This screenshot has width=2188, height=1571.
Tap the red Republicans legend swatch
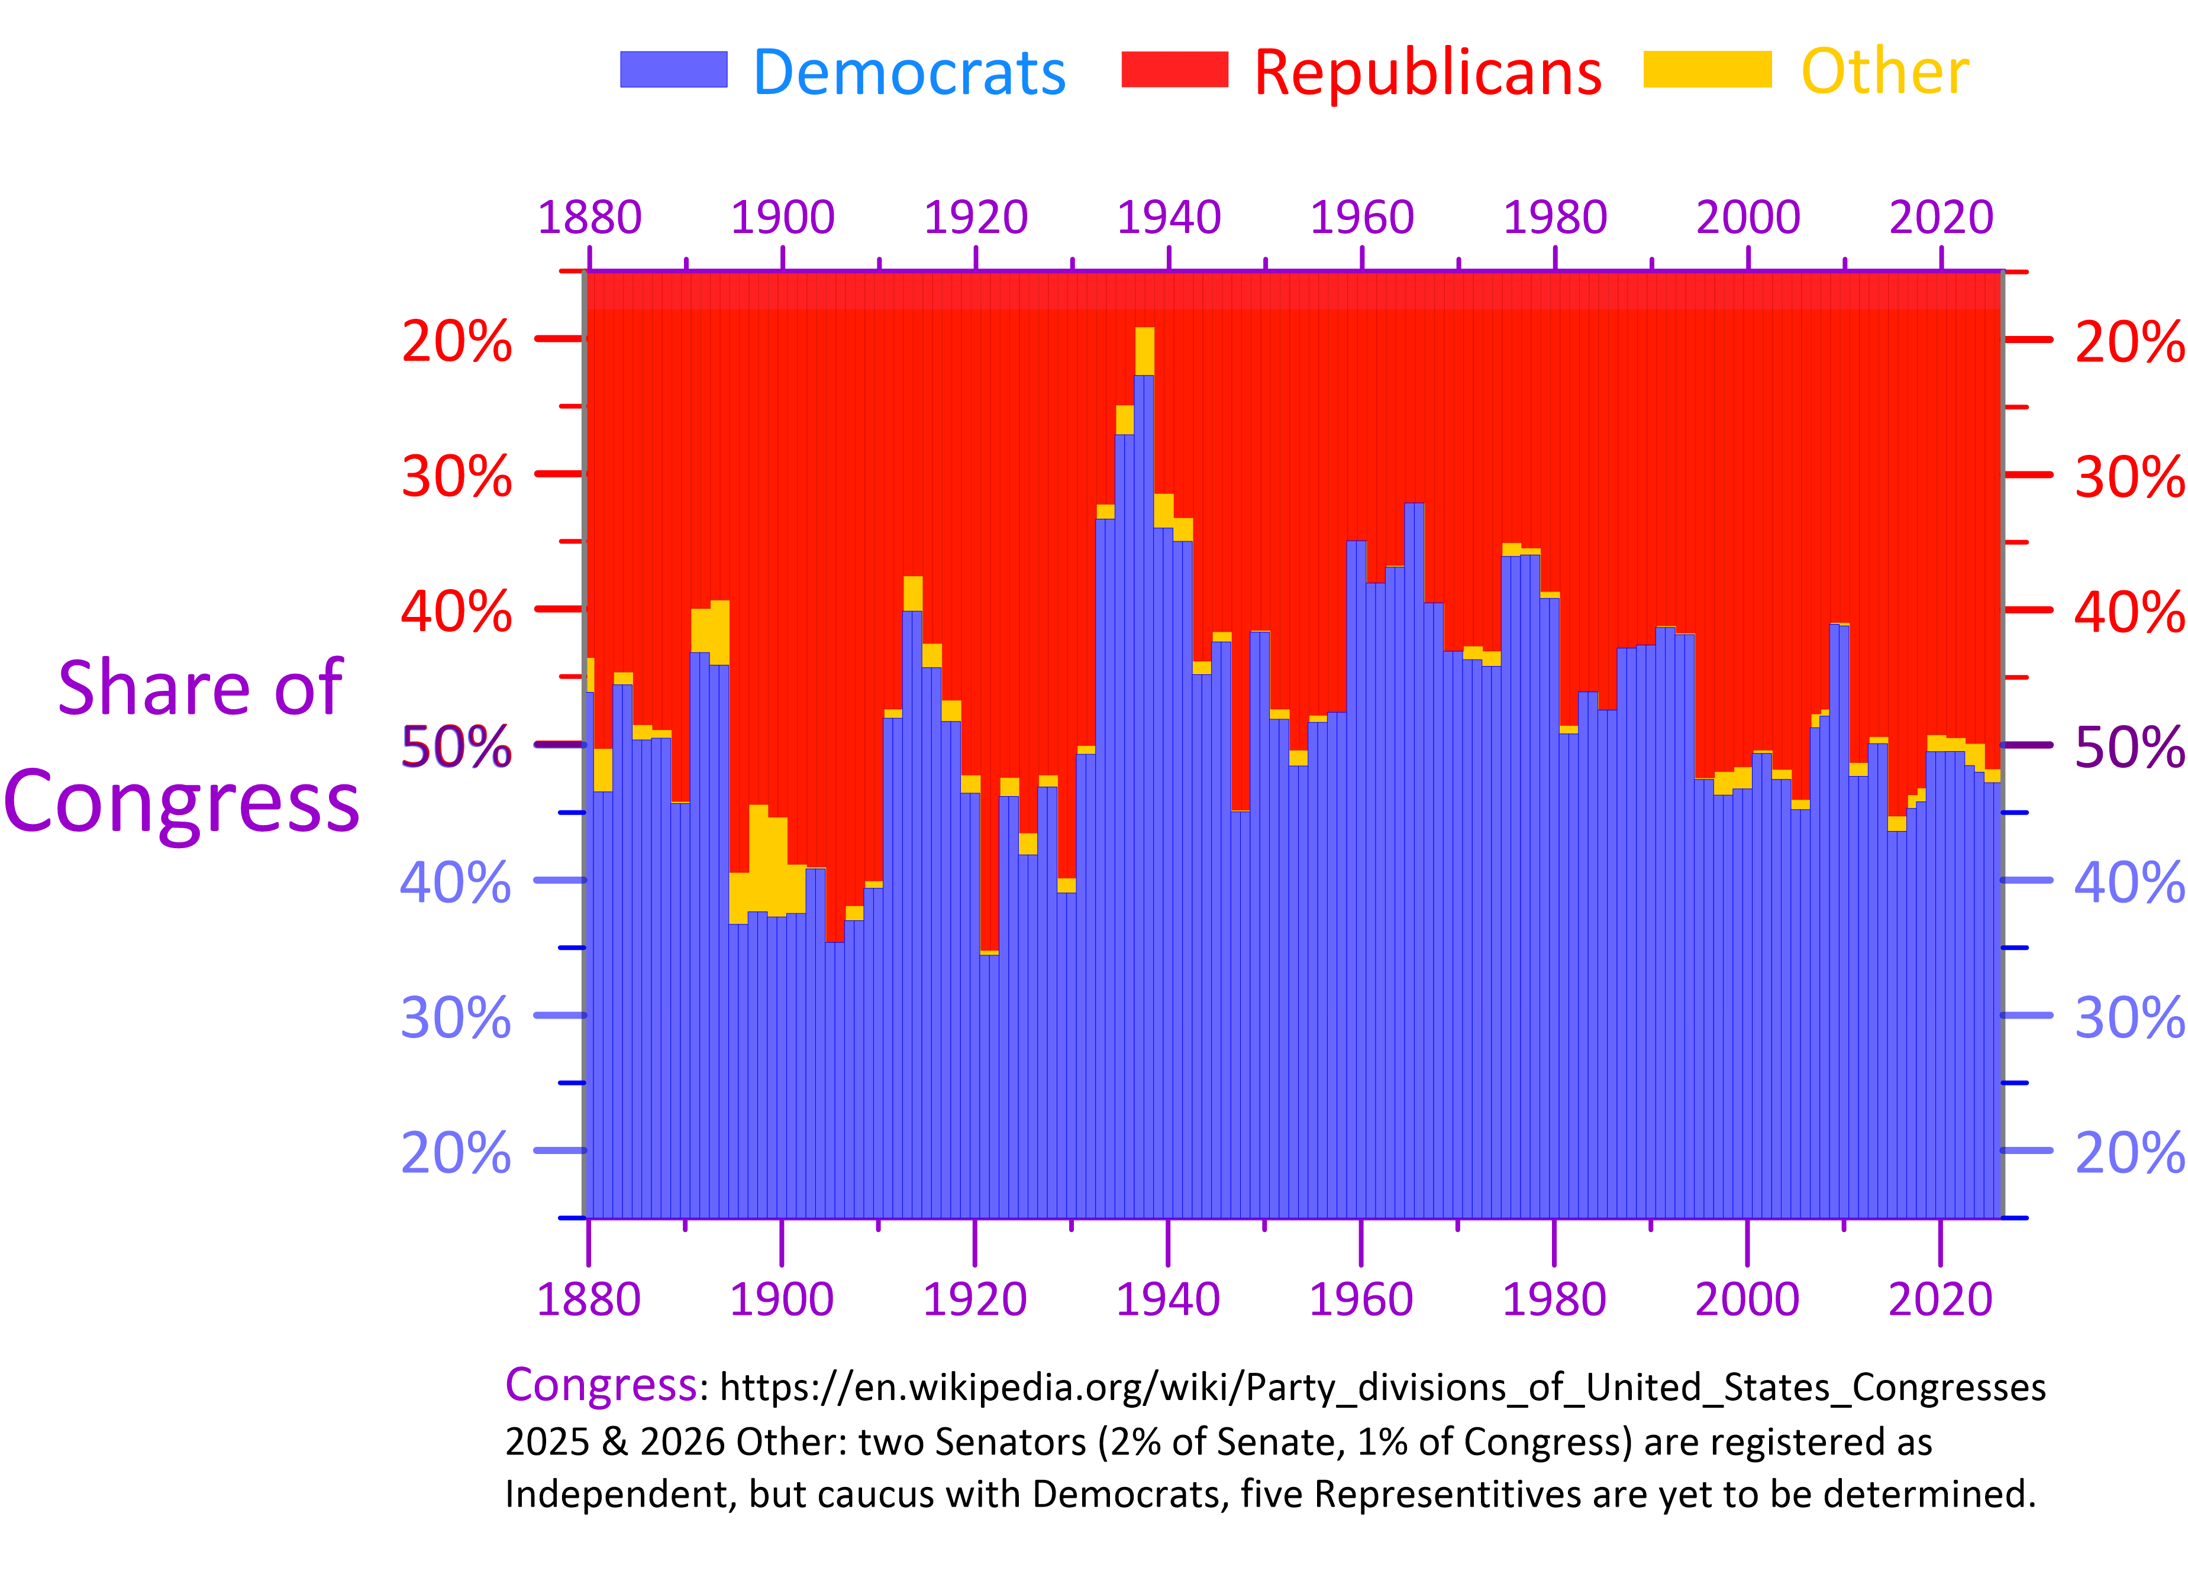coord(1174,69)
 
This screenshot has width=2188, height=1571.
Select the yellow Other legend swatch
coord(1706,69)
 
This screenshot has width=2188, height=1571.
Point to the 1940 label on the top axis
coord(1169,217)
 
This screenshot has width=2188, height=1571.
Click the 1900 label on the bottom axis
coord(780,1299)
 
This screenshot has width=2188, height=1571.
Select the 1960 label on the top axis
coord(1361,217)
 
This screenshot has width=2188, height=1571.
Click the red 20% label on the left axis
coord(456,341)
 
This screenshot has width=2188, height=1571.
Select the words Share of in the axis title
coord(200,688)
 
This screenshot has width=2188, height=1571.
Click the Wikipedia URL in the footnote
coord(1382,1387)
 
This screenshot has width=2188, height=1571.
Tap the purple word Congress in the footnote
coord(600,1385)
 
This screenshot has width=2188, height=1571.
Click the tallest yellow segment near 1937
coord(1144,351)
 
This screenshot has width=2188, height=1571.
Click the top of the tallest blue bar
coord(1144,377)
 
